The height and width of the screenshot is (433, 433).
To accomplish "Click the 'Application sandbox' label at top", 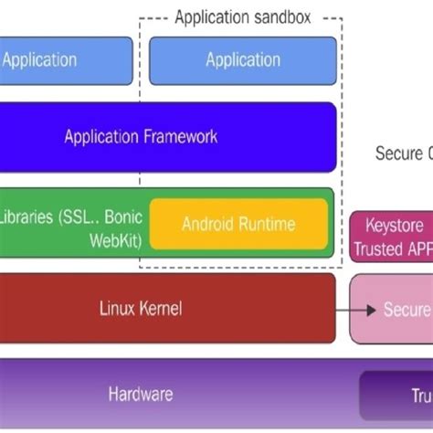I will tap(242, 16).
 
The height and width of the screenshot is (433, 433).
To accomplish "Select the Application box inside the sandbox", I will tap(242, 60).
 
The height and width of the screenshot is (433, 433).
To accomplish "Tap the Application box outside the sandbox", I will tap(55, 60).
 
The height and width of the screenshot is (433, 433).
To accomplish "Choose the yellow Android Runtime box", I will tap(238, 224).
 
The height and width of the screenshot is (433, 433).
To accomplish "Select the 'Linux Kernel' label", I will tap(141, 309).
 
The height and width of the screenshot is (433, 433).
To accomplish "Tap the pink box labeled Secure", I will tap(393, 310).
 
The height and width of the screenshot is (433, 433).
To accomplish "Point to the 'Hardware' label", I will tap(141, 395).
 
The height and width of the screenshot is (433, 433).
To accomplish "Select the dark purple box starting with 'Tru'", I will tap(397, 396).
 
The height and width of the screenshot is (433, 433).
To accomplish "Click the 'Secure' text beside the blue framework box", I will tap(400, 153).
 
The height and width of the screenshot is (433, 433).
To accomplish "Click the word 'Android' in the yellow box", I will tap(208, 224).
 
